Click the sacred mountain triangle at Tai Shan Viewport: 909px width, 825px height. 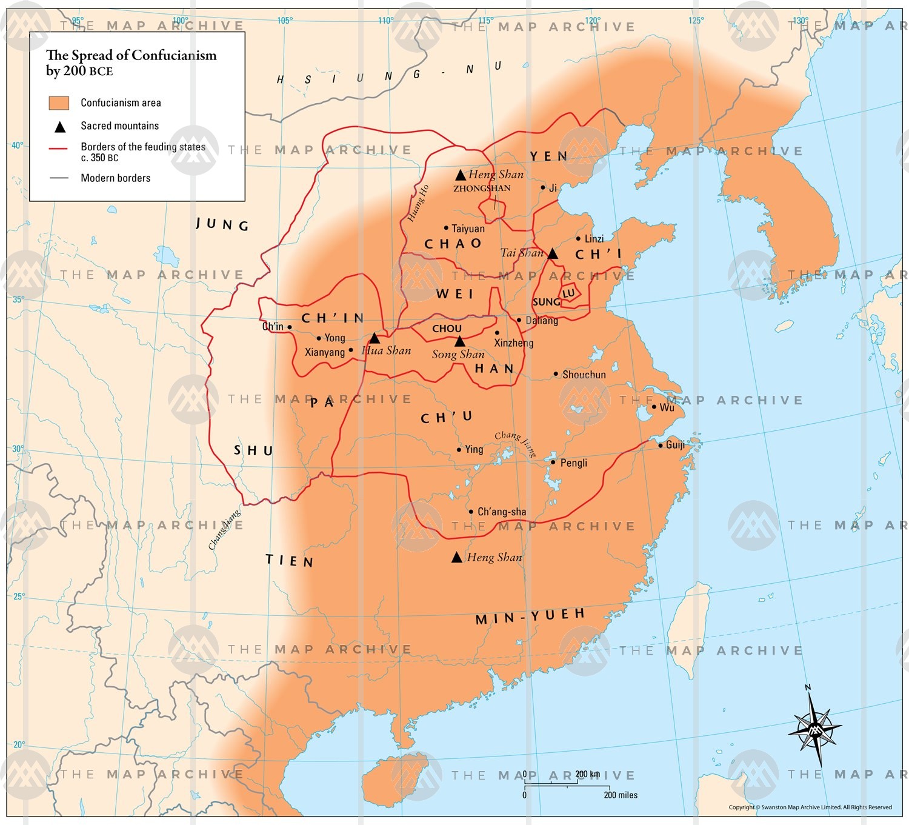click(x=553, y=253)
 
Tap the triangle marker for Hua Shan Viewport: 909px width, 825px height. click(x=375, y=338)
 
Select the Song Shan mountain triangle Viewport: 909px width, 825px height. click(x=460, y=341)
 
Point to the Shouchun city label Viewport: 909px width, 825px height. click(x=584, y=375)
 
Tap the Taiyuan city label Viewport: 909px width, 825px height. click(x=468, y=229)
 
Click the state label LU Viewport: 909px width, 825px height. click(x=568, y=293)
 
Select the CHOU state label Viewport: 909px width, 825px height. click(x=447, y=328)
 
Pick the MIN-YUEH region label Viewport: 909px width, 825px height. click(x=530, y=616)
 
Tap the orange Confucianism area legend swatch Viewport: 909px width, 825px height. click(x=59, y=103)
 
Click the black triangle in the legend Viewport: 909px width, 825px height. click(x=59, y=127)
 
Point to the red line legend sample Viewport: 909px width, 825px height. click(x=59, y=149)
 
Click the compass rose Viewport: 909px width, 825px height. click(x=814, y=728)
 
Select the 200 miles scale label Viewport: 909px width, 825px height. click(x=621, y=795)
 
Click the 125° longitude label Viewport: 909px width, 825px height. click(x=696, y=20)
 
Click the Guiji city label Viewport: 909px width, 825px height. click(x=675, y=445)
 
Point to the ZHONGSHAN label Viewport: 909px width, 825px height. click(x=482, y=189)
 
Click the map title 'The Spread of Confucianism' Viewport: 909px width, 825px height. click(x=131, y=56)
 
